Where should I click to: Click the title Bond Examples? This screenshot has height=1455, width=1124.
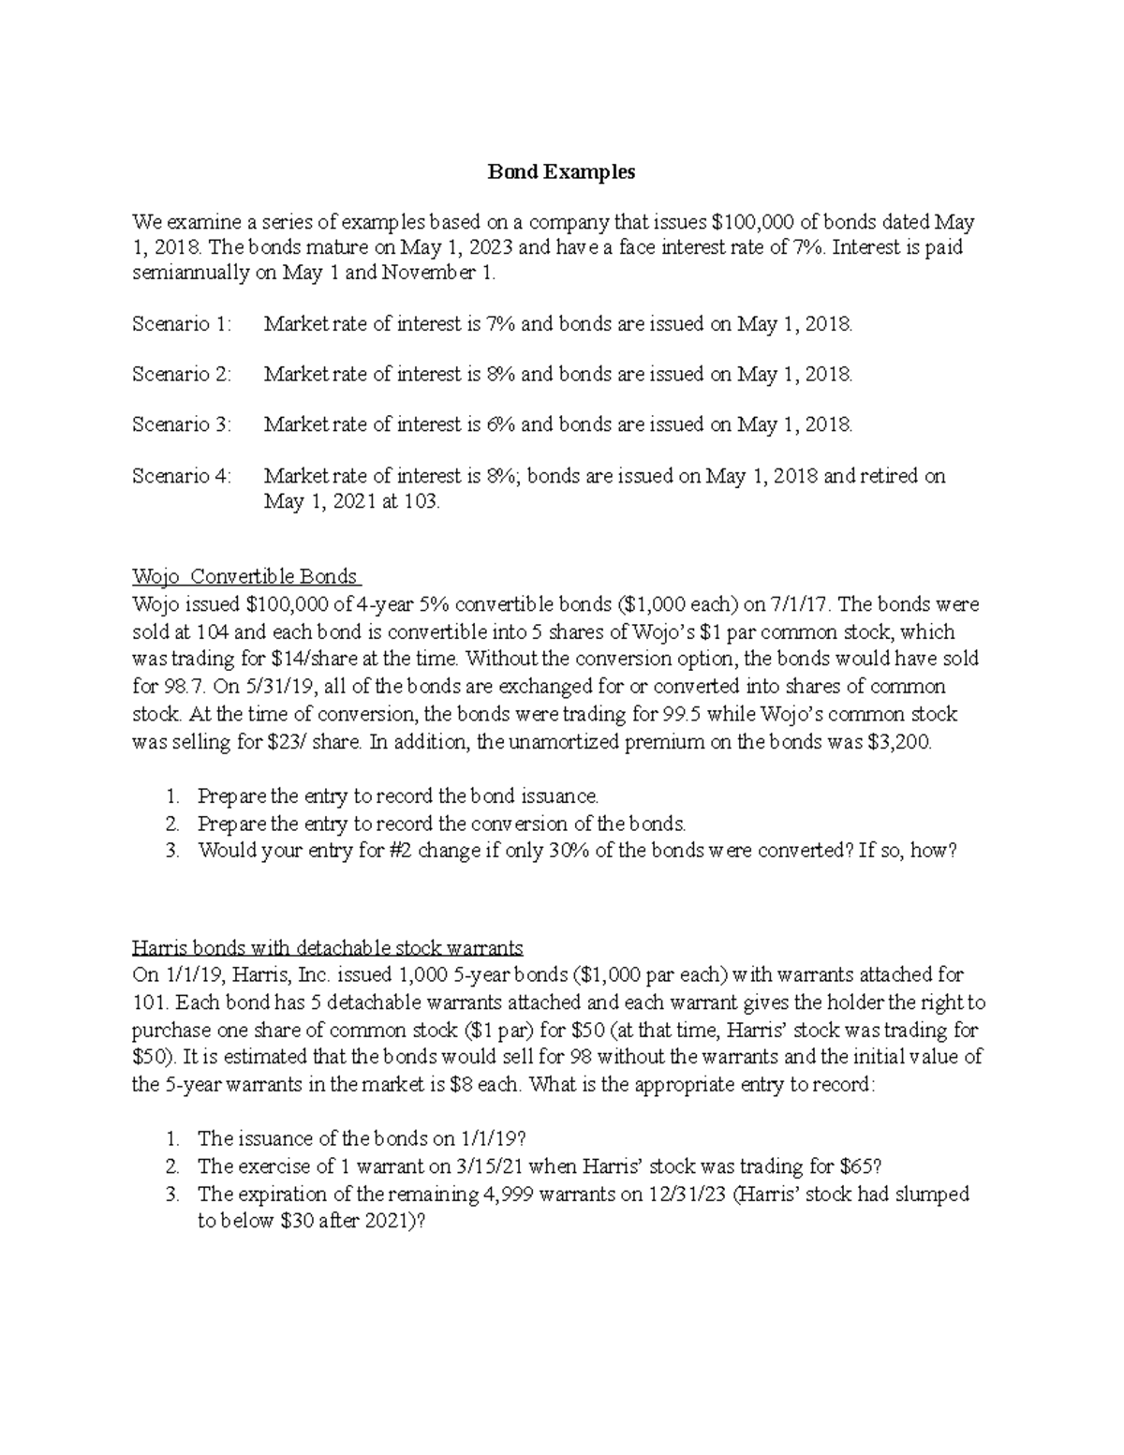click(x=561, y=172)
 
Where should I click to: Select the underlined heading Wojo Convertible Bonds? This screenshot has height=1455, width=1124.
click(x=246, y=576)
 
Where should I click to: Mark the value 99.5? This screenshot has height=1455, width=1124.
click(x=682, y=714)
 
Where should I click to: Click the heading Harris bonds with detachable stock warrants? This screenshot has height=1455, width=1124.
click(x=328, y=946)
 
